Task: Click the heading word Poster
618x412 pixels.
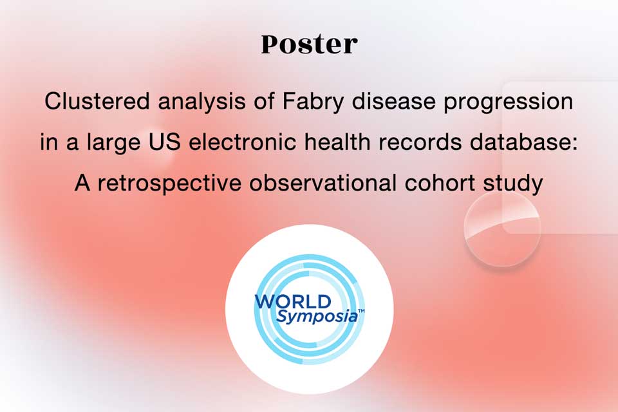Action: [310, 44]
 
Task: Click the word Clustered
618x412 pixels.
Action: [97, 101]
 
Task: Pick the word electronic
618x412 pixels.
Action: [243, 142]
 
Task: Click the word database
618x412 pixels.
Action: [520, 142]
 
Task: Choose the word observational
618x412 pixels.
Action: [323, 183]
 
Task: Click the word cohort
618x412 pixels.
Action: [440, 183]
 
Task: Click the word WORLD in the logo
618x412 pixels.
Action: [293, 302]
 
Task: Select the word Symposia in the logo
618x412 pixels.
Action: [317, 317]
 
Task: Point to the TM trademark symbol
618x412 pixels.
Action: [361, 311]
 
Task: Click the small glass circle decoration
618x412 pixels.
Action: [502, 229]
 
